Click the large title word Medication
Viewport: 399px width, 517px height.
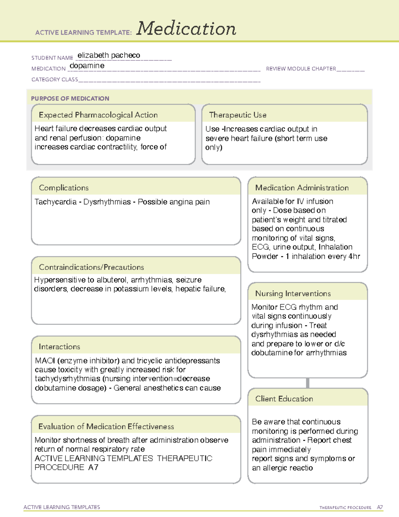coord(186,29)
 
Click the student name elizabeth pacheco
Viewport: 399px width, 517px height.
coord(109,55)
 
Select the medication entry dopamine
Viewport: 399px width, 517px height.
coord(87,66)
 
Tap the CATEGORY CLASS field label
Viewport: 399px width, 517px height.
coord(55,80)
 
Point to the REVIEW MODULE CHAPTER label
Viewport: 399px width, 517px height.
coord(301,69)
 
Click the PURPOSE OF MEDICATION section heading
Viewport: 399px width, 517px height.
coord(70,99)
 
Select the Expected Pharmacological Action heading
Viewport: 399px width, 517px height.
coord(98,115)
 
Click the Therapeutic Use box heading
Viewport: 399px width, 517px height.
coord(237,115)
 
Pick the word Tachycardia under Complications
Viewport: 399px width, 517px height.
coord(55,202)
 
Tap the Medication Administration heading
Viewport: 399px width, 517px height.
coord(302,188)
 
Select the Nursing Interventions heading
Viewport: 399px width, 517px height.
coord(293,294)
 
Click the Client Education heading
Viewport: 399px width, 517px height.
coord(284,399)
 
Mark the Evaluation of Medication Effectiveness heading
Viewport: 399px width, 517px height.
coord(106,426)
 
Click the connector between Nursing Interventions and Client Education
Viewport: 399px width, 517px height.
coord(308,383)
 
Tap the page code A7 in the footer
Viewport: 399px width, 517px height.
coord(380,507)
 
